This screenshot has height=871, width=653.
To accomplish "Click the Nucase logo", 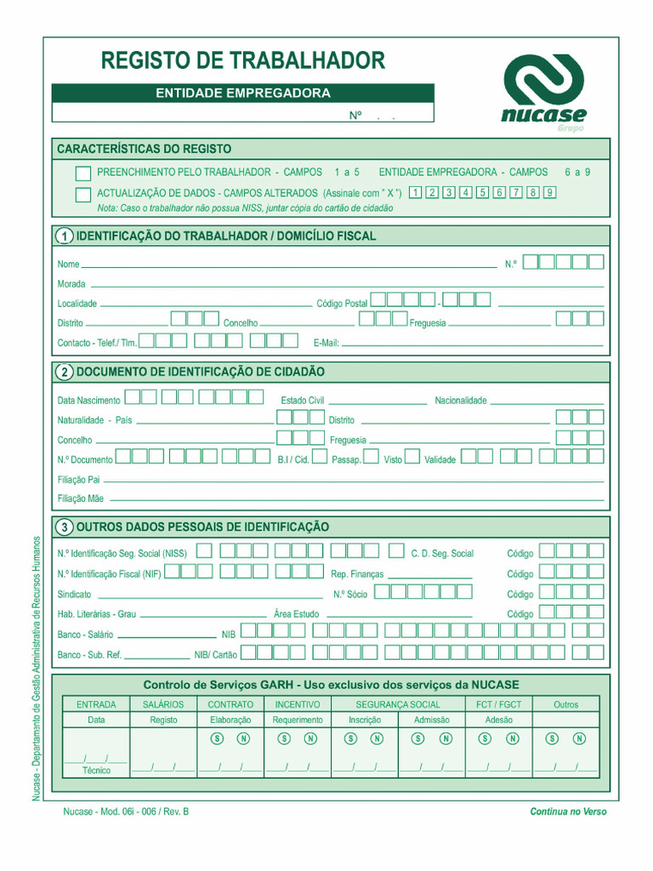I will point(543,89).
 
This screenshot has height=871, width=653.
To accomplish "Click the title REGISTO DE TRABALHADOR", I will point(243,60).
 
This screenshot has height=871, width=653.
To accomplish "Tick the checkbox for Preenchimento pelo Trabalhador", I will point(82,173).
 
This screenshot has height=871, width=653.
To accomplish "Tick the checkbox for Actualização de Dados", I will point(82,195).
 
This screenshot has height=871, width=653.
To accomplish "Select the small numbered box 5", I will point(482,192).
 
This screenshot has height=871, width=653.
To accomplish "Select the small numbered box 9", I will point(549,192).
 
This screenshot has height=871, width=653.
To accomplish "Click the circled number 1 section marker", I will point(64,236).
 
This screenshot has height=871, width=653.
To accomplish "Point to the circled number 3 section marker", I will point(64,527).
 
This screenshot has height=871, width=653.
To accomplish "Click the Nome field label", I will point(68,265).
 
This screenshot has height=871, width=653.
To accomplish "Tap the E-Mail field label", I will point(326,343).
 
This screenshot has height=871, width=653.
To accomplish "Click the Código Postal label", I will point(342,303).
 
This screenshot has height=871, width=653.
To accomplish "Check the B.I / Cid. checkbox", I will point(320,457).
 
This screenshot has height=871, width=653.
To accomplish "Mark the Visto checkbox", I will point(412,457).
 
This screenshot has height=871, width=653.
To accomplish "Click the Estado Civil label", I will point(303,401).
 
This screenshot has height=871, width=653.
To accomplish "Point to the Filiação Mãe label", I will point(80,498).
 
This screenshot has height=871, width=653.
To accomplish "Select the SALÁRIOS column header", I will point(163,704).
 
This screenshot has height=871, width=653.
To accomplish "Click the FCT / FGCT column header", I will point(499,704).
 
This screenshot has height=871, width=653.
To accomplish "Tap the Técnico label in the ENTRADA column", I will point(96,771).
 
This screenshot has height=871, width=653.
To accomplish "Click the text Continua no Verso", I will point(568,811).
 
